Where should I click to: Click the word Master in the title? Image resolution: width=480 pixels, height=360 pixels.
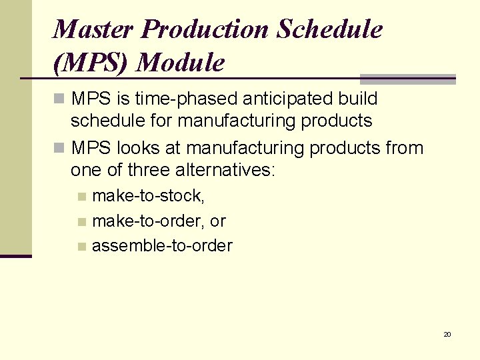[x=93, y=29]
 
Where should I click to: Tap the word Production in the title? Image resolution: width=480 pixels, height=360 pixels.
[x=205, y=29]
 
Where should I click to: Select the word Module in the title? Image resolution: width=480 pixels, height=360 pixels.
[x=181, y=63]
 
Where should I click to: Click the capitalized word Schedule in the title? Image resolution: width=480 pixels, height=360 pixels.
[x=330, y=29]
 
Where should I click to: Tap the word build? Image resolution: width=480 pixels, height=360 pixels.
[x=358, y=99]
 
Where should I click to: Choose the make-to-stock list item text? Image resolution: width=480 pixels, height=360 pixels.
[x=148, y=195]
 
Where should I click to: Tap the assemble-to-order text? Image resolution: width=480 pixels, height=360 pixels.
[x=162, y=245]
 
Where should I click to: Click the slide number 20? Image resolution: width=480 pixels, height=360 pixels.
[x=447, y=334]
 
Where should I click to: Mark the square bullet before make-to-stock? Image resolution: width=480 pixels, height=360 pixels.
[x=81, y=197]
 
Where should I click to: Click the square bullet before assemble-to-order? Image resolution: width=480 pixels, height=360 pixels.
[x=81, y=247]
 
